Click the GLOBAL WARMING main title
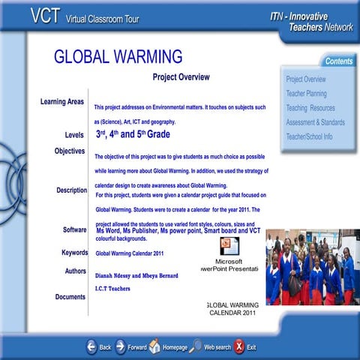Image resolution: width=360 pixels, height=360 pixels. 118,56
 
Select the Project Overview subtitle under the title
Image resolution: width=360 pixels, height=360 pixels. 181,77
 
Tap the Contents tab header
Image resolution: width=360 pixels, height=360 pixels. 339,61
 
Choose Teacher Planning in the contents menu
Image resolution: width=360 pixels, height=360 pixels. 306,94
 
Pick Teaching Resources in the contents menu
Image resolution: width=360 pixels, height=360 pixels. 310,108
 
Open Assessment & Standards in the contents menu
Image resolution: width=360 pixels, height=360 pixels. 315,122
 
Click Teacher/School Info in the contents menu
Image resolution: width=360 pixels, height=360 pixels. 309,136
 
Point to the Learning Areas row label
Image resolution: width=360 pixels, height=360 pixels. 61,102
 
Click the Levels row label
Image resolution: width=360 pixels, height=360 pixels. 74,135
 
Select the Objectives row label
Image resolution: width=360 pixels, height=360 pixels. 69,151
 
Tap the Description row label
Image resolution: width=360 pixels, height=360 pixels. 71,190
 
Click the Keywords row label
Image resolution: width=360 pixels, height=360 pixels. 74,253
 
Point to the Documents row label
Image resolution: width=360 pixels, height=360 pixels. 70,297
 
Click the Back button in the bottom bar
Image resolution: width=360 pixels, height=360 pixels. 99,346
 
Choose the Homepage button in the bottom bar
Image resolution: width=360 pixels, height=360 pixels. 168,346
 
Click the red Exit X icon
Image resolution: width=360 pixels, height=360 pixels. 238,346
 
